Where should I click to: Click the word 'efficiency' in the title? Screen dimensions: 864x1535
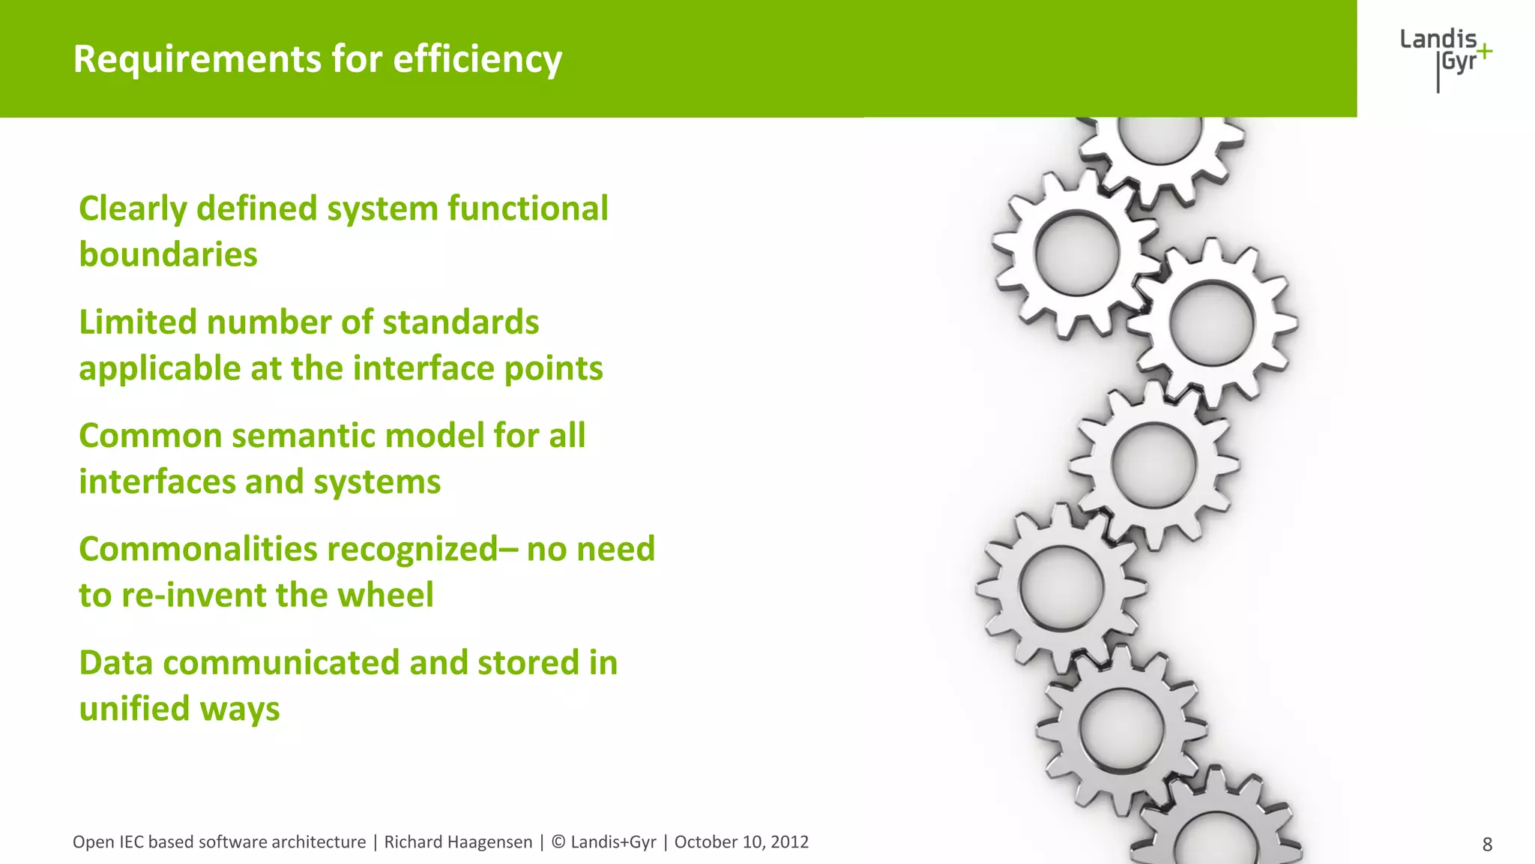(477, 59)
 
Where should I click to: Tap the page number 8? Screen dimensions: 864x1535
(1487, 844)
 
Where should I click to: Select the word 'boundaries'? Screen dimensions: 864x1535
(168, 254)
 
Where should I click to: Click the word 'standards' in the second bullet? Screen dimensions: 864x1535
(460, 322)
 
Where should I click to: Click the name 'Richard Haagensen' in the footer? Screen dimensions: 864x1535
(458, 842)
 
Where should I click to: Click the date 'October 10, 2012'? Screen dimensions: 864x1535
(741, 842)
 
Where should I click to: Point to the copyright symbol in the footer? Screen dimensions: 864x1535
(558, 842)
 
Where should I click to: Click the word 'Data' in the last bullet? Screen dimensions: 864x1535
(115, 663)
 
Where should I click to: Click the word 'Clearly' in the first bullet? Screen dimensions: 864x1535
(132, 209)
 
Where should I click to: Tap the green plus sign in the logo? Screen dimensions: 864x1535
(1483, 52)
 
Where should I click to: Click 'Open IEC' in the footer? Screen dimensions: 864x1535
(108, 842)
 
